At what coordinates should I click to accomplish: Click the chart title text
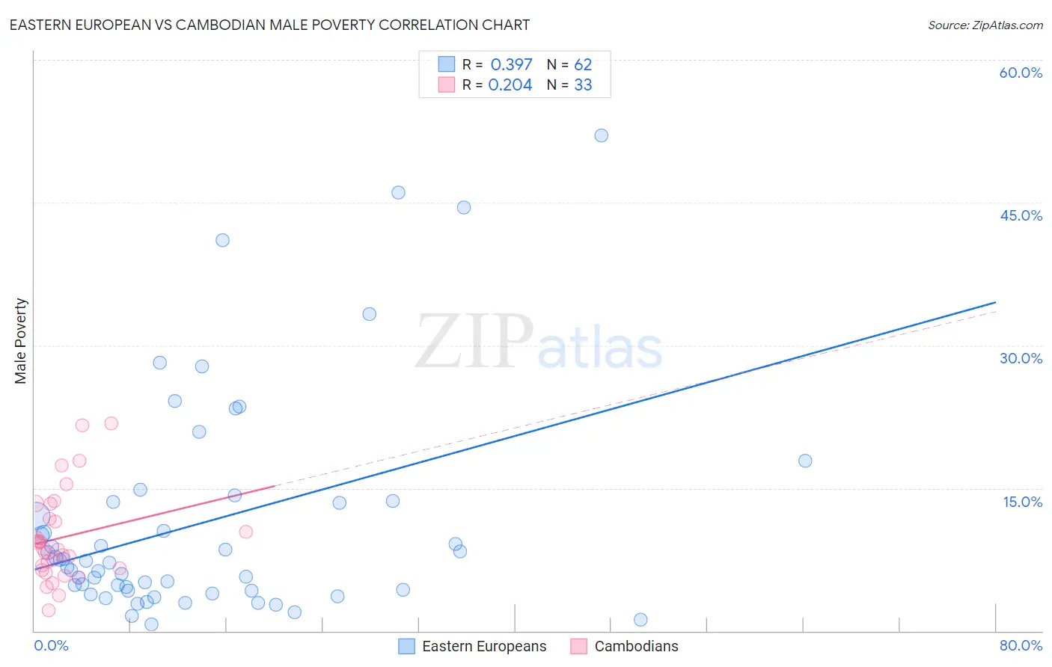pos(269,25)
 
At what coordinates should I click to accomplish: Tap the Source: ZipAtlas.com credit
pos(985,25)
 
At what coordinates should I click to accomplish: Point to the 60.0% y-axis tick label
pos(1021,73)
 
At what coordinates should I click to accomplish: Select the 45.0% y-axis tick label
pos(1021,215)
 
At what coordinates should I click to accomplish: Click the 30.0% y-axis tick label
pos(1021,358)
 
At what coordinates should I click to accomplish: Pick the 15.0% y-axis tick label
pos(1022,502)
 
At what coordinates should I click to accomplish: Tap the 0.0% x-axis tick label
pos(51,645)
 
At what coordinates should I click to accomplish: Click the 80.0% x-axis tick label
pos(1021,645)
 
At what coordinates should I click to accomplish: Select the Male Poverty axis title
pos(21,341)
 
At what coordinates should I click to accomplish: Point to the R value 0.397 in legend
pos(511,65)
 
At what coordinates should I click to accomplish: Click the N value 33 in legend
pos(583,85)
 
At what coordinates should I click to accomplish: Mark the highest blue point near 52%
pos(601,135)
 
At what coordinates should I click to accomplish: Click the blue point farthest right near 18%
pos(805,461)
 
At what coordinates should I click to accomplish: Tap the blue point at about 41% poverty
pos(222,240)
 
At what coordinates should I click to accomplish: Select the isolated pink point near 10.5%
pos(245,532)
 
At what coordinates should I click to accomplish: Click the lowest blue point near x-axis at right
pos(640,619)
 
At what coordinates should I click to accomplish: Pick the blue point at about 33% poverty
pos(369,314)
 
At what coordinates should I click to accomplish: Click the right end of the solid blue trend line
pos(995,302)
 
